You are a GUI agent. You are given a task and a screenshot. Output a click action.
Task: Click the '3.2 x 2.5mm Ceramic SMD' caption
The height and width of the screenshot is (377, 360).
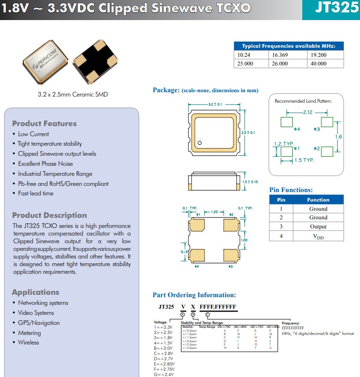(x=73, y=94)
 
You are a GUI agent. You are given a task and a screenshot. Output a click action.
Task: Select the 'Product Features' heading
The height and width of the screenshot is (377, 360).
(x=44, y=123)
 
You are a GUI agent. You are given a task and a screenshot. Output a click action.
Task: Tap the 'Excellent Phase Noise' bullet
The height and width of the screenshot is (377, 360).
(x=45, y=164)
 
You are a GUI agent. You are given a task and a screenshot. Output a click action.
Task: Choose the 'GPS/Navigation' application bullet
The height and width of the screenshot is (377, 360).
(x=39, y=323)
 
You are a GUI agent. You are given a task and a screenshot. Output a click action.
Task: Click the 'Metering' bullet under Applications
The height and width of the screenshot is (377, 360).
(x=29, y=333)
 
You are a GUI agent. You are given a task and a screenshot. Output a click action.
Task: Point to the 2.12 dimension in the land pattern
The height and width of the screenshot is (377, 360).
(x=308, y=112)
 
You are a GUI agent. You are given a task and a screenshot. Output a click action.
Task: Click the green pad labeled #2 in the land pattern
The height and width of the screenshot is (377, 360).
(x=327, y=151)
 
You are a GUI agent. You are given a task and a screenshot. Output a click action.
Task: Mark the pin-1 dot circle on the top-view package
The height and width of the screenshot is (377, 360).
(x=201, y=143)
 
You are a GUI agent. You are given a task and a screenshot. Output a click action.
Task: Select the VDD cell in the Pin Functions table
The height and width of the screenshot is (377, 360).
(x=318, y=236)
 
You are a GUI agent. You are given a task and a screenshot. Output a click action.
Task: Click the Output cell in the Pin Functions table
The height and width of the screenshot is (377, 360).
(x=318, y=226)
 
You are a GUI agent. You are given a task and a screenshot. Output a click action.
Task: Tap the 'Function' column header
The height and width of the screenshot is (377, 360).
(x=318, y=200)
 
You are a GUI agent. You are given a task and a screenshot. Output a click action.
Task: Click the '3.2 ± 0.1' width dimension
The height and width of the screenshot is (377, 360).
(x=214, y=104)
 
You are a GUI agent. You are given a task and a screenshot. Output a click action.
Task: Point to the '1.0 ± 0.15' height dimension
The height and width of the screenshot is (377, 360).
(x=250, y=182)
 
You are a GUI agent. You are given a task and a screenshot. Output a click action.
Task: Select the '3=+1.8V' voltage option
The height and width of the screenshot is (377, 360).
(x=164, y=337)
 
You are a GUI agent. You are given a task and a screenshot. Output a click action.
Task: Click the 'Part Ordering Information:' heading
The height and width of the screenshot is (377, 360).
(x=194, y=295)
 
